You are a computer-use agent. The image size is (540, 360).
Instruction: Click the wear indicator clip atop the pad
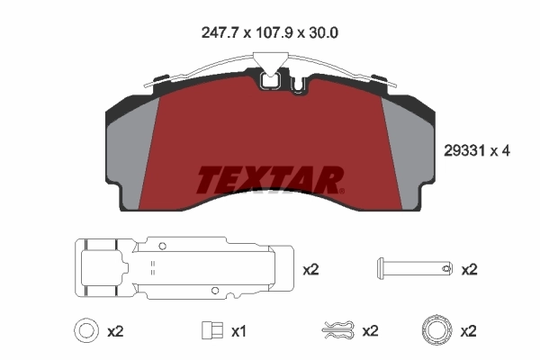pos(269,76)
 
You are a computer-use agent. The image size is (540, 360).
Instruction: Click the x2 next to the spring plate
pos(311,269)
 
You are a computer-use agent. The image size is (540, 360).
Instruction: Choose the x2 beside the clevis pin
pos(468,269)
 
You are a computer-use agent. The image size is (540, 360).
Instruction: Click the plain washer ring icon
pos(85,330)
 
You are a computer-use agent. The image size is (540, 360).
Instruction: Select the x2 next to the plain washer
pos(114,331)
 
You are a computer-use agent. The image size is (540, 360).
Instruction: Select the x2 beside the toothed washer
pos(468,331)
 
